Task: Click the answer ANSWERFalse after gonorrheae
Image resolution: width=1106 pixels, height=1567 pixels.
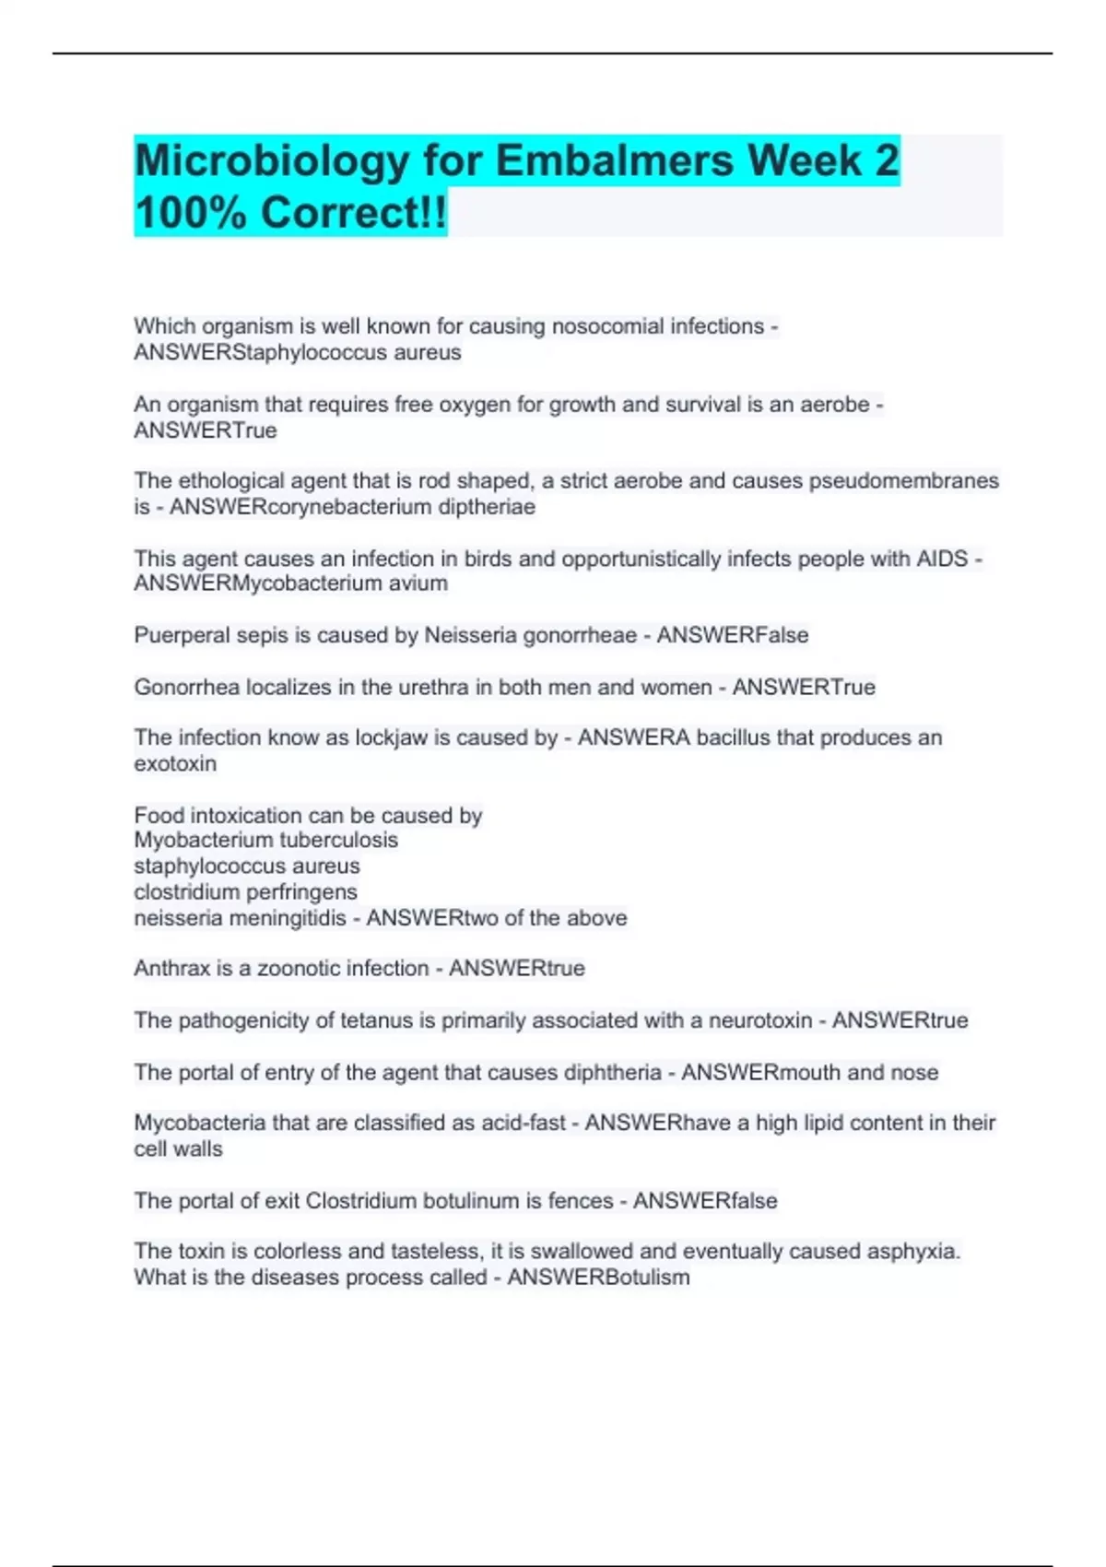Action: click(x=733, y=635)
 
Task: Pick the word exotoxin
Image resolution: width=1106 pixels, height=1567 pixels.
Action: click(x=175, y=764)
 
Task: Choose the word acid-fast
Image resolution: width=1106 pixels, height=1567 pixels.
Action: click(x=523, y=1123)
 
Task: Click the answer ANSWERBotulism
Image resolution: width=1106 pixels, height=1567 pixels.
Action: click(x=598, y=1278)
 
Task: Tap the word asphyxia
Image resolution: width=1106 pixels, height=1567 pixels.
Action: click(x=913, y=1252)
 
